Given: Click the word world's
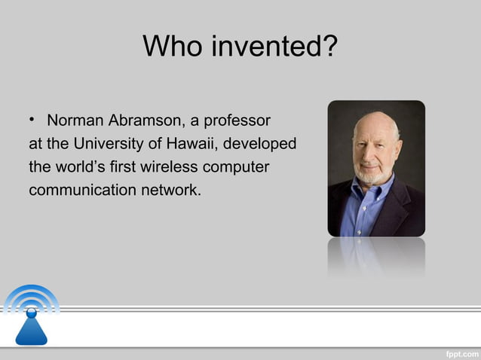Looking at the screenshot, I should tap(83, 166).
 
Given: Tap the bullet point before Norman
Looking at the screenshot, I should tap(34, 121).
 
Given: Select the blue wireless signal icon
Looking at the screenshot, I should tap(31, 313).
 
